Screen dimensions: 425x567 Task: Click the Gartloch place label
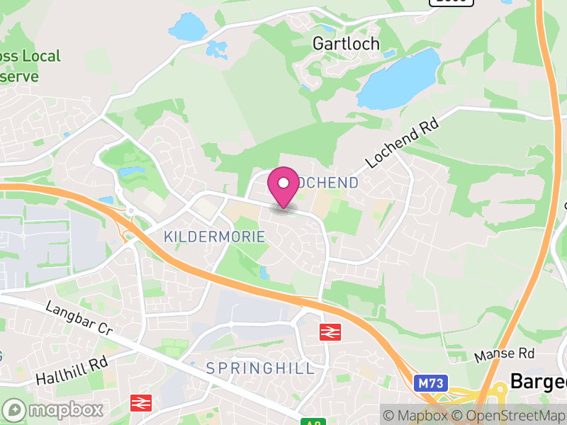[346, 43]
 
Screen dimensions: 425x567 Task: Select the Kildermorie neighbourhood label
[214, 237]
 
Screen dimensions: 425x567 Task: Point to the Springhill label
[260, 368]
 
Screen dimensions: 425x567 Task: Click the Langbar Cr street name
[79, 318]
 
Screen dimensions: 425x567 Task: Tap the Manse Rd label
[505, 353]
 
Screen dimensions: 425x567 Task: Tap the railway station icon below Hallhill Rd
[140, 404]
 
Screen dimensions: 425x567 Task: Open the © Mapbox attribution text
[419, 416]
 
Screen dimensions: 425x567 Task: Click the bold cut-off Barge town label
[539, 381]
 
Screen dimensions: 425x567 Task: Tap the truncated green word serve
[19, 76]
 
